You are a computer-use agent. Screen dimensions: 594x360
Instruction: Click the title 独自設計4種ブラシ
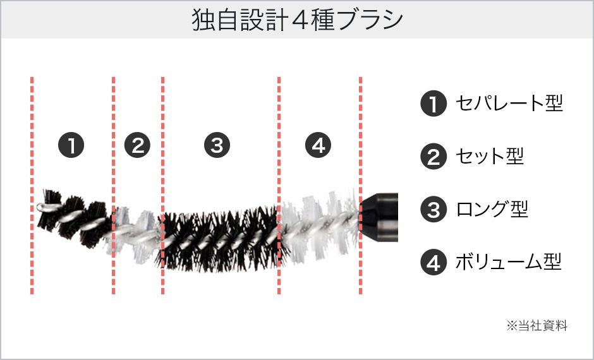click(297, 20)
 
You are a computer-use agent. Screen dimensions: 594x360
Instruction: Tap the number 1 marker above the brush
click(71, 145)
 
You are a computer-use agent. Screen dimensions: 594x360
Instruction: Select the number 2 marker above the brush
click(138, 145)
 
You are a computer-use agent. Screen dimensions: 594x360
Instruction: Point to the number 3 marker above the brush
click(217, 145)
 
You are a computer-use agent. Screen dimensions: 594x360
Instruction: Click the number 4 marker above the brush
click(318, 145)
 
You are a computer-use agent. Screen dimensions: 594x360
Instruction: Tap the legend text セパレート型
click(509, 103)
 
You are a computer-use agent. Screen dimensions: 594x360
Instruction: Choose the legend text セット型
click(490, 156)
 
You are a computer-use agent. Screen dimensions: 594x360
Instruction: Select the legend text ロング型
click(492, 209)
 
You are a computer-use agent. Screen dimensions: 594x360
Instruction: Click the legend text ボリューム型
click(509, 261)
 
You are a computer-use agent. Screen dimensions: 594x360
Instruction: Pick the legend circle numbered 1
click(433, 104)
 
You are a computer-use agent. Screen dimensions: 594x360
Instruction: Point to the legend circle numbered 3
click(433, 209)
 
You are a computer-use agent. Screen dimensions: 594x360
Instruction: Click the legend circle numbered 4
click(433, 262)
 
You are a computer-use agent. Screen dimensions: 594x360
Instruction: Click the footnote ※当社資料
click(536, 325)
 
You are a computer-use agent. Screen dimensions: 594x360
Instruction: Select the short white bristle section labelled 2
click(137, 233)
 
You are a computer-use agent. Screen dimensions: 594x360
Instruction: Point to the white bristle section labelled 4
click(320, 226)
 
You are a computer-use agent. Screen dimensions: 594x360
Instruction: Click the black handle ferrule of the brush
click(379, 217)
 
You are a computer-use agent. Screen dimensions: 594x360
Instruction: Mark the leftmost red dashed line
click(32, 186)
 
